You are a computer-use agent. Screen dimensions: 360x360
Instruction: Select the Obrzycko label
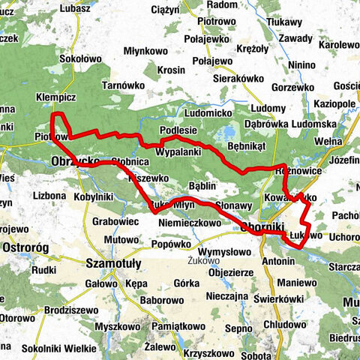76,161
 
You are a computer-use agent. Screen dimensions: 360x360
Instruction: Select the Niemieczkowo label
189,223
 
